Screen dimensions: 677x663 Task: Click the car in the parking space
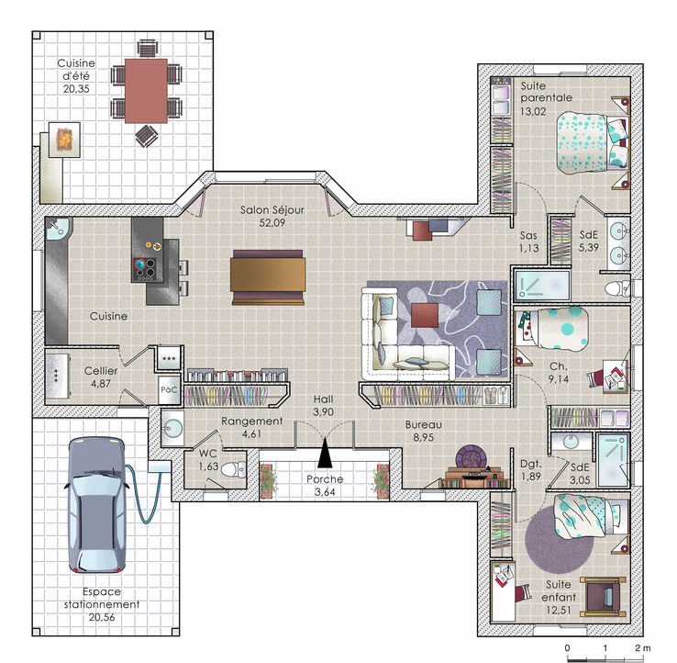[x=97, y=504]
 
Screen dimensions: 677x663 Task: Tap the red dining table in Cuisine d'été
[x=146, y=91]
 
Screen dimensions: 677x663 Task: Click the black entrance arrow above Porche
[x=325, y=453]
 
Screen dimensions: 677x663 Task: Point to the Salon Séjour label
[x=272, y=210]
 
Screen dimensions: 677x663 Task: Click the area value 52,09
[x=272, y=223]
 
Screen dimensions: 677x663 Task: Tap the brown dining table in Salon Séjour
[x=268, y=277]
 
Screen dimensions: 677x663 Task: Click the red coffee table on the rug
[x=425, y=315]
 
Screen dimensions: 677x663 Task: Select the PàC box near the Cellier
[x=169, y=390]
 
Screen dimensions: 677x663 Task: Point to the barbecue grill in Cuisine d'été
[x=64, y=140]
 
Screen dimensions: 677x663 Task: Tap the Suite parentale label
[x=546, y=92]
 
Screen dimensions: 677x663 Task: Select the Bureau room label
[x=423, y=425]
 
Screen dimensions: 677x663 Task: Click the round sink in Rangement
[x=172, y=428]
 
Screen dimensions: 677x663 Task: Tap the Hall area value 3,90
[x=324, y=412]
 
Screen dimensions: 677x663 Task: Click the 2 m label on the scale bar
[x=642, y=648]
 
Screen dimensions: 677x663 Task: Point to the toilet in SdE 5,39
[x=617, y=288]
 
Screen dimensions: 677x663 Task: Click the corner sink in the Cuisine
[x=59, y=229]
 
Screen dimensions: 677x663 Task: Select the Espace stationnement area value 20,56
[x=102, y=617]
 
